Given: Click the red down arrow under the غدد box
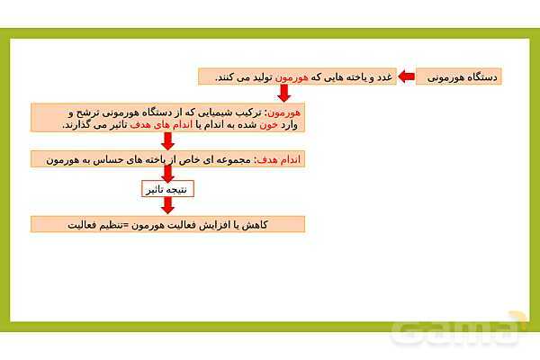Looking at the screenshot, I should click(x=283, y=94).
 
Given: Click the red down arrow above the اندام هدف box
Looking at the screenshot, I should click(x=167, y=141).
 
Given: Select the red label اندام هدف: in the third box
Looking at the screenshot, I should click(x=282, y=159).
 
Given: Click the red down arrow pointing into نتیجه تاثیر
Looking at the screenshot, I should click(x=167, y=173).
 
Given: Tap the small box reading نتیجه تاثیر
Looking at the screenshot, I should click(x=167, y=189).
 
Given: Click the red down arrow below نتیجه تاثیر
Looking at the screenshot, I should click(x=167, y=206).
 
